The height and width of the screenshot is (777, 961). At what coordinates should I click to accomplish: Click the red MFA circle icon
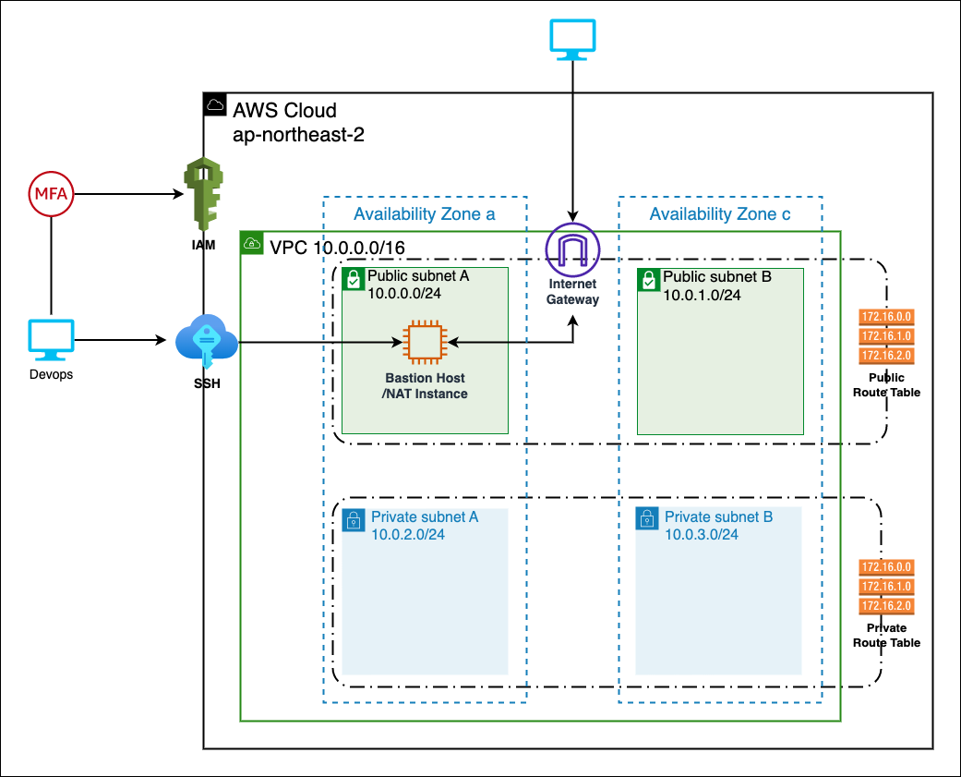[x=50, y=194]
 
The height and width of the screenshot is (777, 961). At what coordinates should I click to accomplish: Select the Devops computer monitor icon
[x=50, y=341]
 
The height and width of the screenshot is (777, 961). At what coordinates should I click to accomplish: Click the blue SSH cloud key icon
[x=206, y=342]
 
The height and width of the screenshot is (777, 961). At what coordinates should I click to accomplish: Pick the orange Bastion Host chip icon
[x=425, y=342]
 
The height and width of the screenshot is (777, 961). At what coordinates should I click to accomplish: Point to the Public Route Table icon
[x=886, y=336]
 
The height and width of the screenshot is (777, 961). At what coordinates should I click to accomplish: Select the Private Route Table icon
[x=886, y=587]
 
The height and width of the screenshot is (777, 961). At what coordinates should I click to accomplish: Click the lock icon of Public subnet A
[x=353, y=279]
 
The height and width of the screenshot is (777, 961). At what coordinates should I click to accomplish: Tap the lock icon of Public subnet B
[x=648, y=279]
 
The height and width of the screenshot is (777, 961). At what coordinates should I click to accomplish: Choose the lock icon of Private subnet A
[x=353, y=520]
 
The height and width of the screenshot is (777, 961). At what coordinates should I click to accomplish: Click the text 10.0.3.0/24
[x=702, y=535]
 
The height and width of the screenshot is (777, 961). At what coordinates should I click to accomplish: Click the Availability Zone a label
[x=425, y=214]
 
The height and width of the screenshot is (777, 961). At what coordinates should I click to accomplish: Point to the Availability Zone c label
[x=720, y=214]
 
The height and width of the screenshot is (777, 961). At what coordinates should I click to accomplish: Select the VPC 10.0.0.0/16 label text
[x=336, y=247]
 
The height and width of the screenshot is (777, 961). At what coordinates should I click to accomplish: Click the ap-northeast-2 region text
[x=298, y=134]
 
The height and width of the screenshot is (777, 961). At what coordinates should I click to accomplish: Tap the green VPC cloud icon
[x=252, y=244]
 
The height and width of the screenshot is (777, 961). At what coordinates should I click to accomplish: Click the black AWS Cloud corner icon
[x=214, y=103]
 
